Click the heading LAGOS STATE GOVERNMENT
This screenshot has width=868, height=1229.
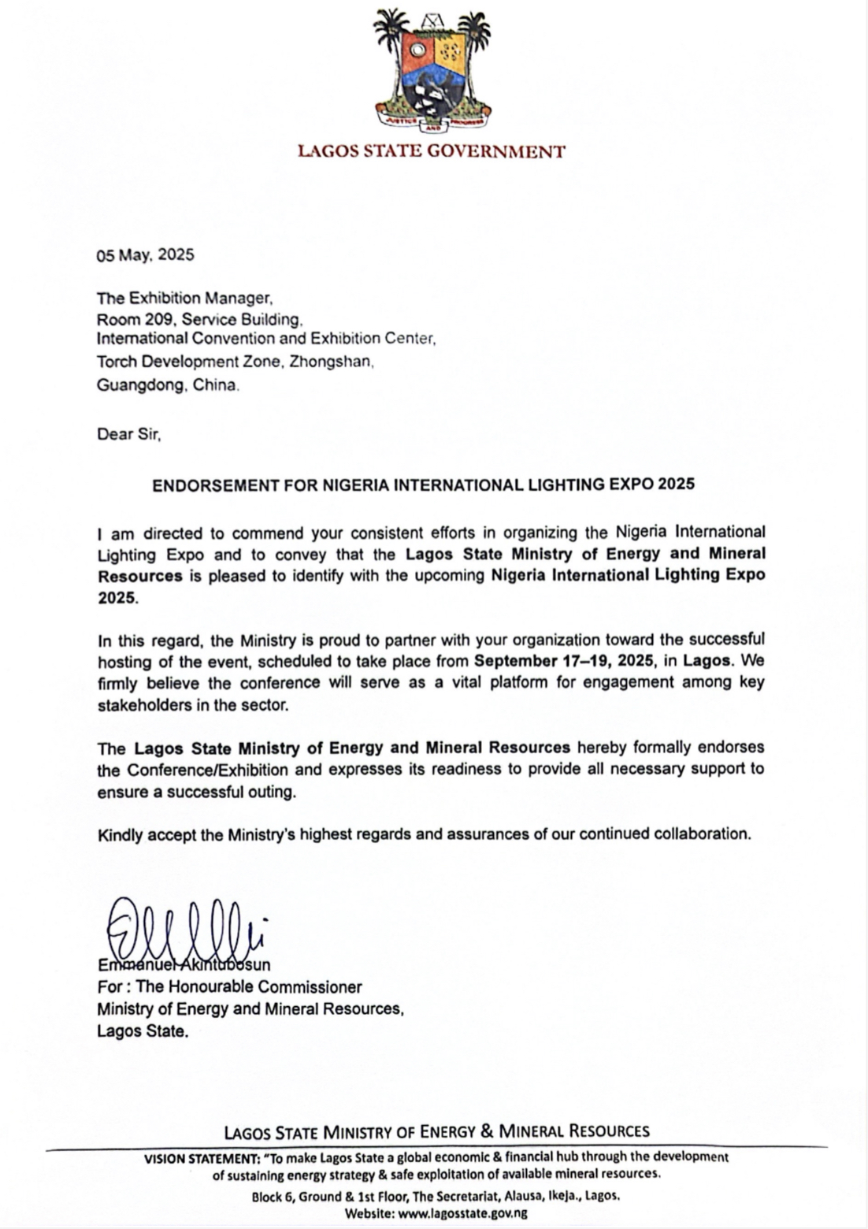pyautogui.click(x=432, y=151)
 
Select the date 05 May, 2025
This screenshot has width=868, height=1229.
pyautogui.click(x=146, y=255)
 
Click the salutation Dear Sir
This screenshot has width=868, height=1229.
pyautogui.click(x=128, y=434)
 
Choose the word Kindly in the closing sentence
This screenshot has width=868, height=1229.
pyautogui.click(x=118, y=834)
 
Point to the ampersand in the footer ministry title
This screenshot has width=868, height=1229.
pyautogui.click(x=486, y=1131)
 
